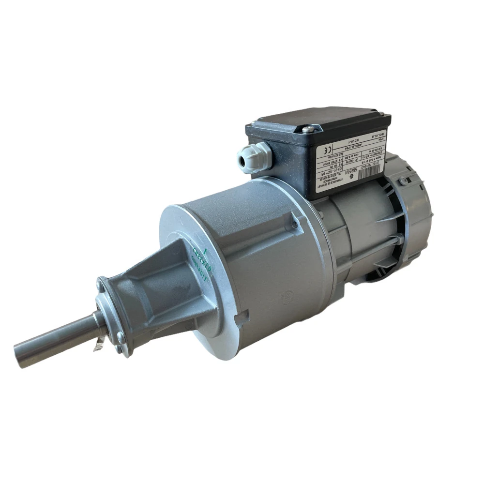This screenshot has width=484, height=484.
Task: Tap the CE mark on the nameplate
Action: [x=328, y=150]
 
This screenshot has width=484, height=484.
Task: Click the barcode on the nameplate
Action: [x=369, y=172]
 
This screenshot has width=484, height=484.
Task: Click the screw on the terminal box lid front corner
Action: [x=308, y=129]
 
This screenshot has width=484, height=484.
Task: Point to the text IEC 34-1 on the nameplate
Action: [x=354, y=141]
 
